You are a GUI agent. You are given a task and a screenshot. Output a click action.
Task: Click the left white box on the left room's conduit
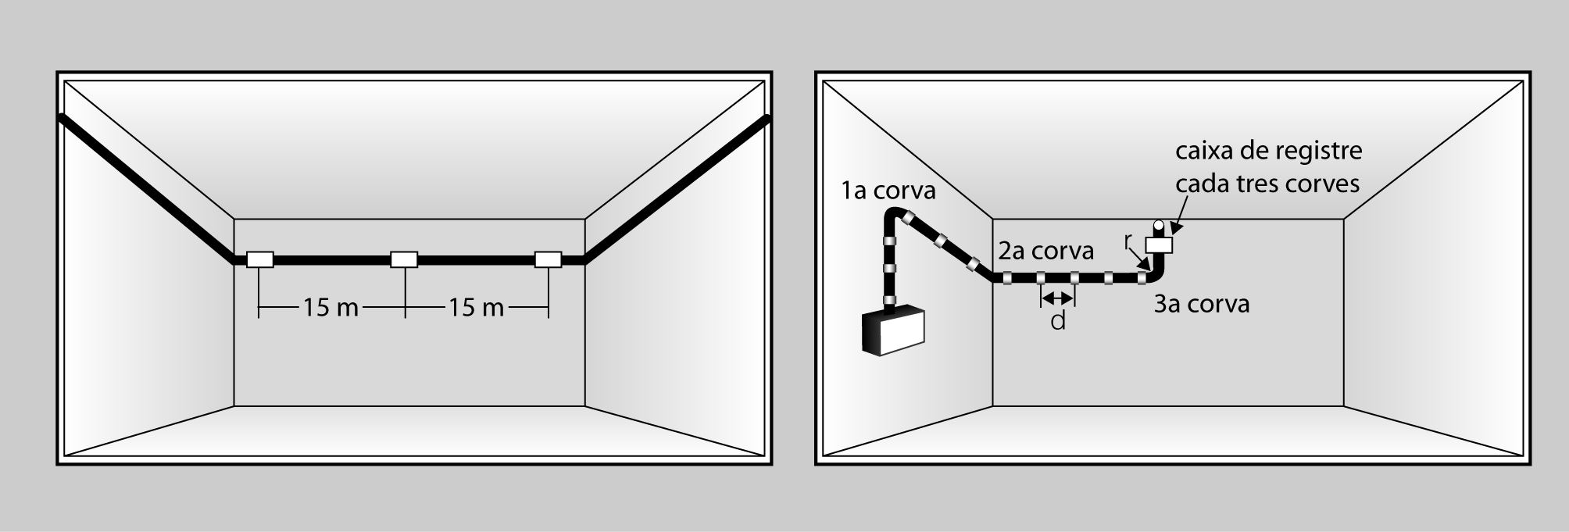(x=259, y=259)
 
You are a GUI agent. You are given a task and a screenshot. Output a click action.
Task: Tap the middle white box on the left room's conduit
(x=404, y=259)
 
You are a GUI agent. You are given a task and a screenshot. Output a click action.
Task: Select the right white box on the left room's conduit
(x=548, y=259)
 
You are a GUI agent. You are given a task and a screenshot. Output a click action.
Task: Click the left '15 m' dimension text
(x=331, y=308)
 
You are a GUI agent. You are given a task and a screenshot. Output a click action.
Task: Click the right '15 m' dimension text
(x=476, y=308)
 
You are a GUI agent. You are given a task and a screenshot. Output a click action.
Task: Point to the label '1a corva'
(x=888, y=191)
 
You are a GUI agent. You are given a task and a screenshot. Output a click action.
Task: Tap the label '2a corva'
(x=1045, y=251)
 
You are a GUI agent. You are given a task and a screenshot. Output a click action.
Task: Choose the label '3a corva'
(x=1202, y=304)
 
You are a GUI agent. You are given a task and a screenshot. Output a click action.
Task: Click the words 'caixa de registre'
(x=1269, y=152)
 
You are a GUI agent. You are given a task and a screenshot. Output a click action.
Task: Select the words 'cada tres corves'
(x=1267, y=184)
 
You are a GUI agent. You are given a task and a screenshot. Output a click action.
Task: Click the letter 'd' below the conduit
(x=1058, y=320)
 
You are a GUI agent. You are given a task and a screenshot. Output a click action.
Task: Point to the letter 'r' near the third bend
(x=1128, y=241)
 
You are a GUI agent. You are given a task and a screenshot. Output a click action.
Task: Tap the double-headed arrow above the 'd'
(x=1058, y=297)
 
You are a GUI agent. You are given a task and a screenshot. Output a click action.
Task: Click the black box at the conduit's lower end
(x=892, y=331)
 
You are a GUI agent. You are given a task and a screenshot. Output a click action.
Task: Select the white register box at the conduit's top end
(x=1159, y=245)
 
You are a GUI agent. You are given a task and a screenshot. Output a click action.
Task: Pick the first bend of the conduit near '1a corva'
(x=896, y=220)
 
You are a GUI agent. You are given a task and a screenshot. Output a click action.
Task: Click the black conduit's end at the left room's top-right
(x=767, y=120)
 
